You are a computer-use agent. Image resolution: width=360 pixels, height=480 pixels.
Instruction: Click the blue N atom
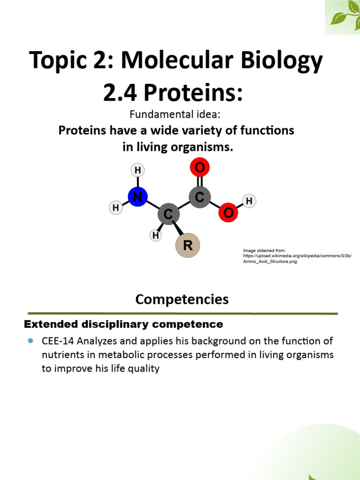click(137, 197)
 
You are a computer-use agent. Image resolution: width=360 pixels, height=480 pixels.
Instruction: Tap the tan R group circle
click(187, 246)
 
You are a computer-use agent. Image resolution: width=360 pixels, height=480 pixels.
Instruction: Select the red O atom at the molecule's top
click(200, 168)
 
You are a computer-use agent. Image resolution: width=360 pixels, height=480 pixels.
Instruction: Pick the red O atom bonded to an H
click(228, 213)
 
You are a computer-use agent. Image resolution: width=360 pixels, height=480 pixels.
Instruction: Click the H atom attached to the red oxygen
click(249, 201)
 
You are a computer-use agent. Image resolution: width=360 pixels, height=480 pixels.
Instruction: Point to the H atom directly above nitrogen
click(137, 170)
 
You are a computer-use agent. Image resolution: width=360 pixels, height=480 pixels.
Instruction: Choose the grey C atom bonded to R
click(169, 214)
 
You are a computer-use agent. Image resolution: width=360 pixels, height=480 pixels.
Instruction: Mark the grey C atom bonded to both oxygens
click(200, 197)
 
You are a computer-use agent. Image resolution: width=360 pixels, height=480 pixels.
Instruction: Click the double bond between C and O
click(200, 182)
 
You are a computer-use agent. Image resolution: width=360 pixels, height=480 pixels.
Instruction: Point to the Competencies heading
click(182, 299)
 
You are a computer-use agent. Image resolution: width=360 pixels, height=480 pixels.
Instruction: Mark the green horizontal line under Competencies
click(183, 313)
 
